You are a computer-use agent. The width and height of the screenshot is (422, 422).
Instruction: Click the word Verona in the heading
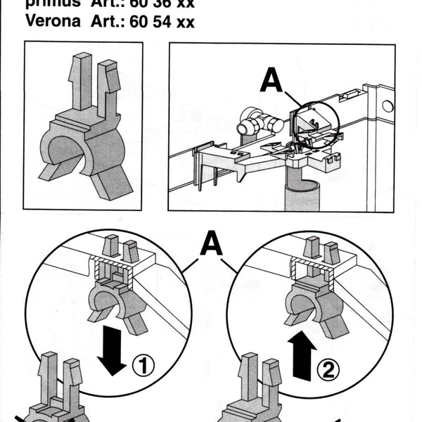pos(53,21)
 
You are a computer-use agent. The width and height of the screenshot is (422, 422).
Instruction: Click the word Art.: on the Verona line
pos(110,21)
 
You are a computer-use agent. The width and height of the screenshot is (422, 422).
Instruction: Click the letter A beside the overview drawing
pos(271,79)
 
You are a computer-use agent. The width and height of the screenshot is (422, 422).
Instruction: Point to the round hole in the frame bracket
pos(386,106)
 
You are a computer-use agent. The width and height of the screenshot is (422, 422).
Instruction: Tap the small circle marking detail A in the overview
pos(314,127)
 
